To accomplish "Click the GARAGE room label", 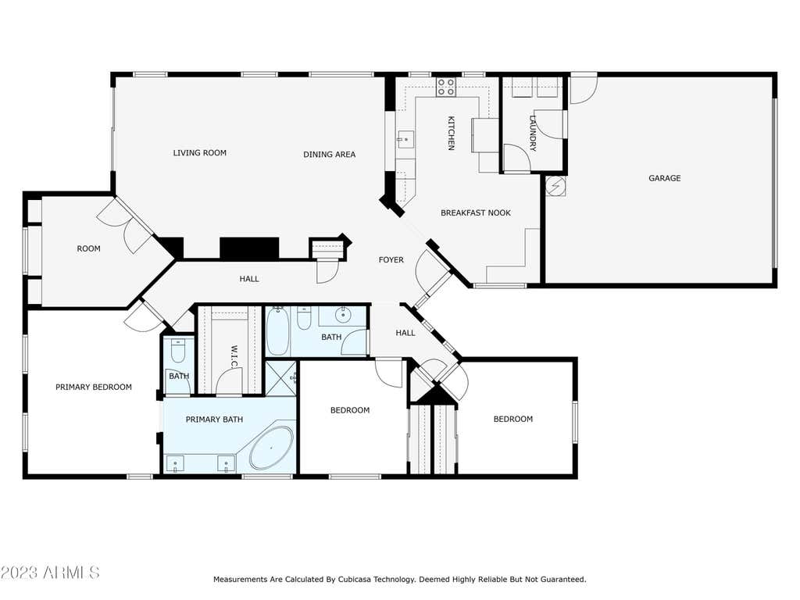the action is coord(664,178).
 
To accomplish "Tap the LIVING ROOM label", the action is coord(199,152).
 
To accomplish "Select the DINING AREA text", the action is coord(329,154).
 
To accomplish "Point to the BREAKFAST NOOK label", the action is coord(476,212).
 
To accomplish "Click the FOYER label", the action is coord(391,259).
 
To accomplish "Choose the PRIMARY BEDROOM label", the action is coord(94,387).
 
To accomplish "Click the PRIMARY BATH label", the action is coord(214,420).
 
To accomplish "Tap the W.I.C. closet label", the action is coord(234,356).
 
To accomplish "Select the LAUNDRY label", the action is coord(533,133).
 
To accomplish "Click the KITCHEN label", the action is coord(451,133).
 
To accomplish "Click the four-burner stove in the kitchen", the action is coord(446,87).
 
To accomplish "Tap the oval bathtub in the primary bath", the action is coord(271,449).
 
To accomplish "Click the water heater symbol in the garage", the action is coord(555,186).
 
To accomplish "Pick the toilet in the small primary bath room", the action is coord(177,350).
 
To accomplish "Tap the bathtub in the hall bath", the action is coord(277,331).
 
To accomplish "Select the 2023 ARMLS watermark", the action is coord(49,572).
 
